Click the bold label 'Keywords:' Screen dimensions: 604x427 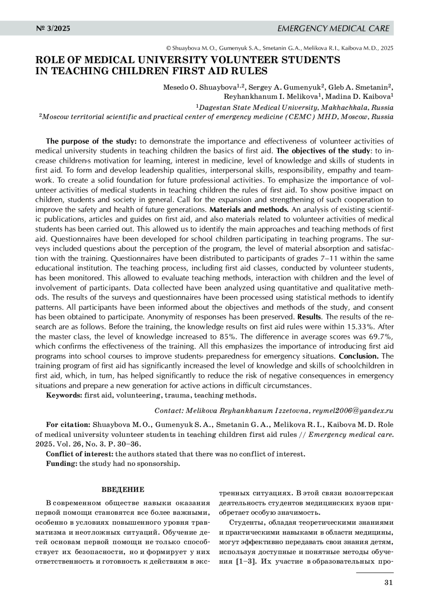64,395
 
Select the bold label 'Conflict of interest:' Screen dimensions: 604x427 80,454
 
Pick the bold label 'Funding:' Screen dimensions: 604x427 62,463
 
